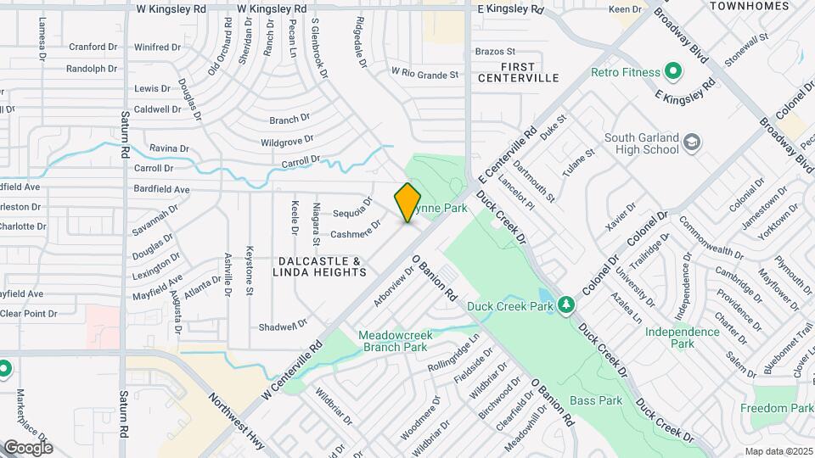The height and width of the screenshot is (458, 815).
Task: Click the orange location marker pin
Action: [x=407, y=203]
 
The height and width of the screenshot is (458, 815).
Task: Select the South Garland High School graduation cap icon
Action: [x=691, y=141]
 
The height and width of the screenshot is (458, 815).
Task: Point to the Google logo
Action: [x=28, y=447]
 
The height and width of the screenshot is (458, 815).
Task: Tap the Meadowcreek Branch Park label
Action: [x=395, y=341]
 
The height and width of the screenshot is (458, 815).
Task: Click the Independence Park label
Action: [x=683, y=338]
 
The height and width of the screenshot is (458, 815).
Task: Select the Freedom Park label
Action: [x=776, y=408]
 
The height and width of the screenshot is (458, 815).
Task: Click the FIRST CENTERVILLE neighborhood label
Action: [x=518, y=72]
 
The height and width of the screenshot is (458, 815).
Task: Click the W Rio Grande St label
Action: [x=424, y=75]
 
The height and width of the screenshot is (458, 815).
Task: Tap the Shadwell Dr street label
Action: [x=283, y=327]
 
